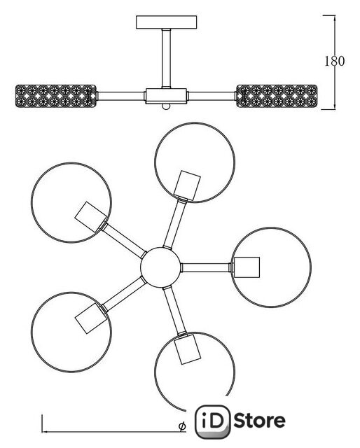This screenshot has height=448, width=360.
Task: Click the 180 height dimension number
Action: coord(335,61)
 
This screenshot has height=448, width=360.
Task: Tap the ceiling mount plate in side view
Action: coord(167,22)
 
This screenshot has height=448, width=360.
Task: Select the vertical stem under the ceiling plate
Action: coord(167,58)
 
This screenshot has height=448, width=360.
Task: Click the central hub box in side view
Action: coord(167,96)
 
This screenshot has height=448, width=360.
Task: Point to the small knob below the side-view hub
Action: coord(167,106)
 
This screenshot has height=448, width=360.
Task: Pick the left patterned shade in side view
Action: coord(55,96)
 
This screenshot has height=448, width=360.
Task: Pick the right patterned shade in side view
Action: coord(277,96)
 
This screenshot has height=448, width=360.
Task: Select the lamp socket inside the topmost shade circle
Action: coord(187,185)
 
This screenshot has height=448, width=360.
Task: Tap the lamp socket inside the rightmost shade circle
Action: coord(247,267)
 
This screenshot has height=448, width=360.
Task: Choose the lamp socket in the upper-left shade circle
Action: coord(90,217)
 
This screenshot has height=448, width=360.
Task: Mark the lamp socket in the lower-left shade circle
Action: coord(90,318)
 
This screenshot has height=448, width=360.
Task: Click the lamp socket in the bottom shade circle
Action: coord(187,349)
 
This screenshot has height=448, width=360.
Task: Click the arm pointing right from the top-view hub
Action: coord(206,267)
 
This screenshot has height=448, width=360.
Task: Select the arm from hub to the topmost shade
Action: coord(175,223)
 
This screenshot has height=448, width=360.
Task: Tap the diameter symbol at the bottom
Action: coord(182,426)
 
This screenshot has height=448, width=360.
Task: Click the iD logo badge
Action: coord(213,421)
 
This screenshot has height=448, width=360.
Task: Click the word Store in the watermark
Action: coord(260,421)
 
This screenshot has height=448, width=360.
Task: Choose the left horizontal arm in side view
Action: coord(120,96)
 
